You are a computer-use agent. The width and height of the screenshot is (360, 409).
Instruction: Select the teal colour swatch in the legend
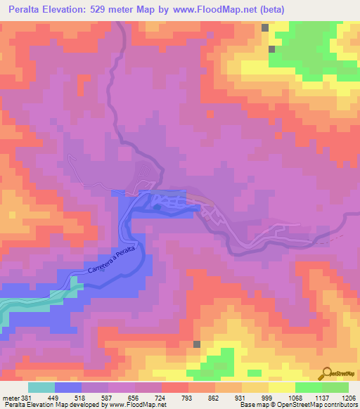point(41,387)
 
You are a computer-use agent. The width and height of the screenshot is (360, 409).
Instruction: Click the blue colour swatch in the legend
point(68,387)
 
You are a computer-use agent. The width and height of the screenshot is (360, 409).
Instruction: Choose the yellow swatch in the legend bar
point(282,387)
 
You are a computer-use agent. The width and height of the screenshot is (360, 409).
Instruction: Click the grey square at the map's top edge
point(266,27)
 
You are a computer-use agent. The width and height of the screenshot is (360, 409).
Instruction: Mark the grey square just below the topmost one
point(271,49)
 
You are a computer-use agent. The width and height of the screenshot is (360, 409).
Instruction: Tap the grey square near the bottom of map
point(197,344)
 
